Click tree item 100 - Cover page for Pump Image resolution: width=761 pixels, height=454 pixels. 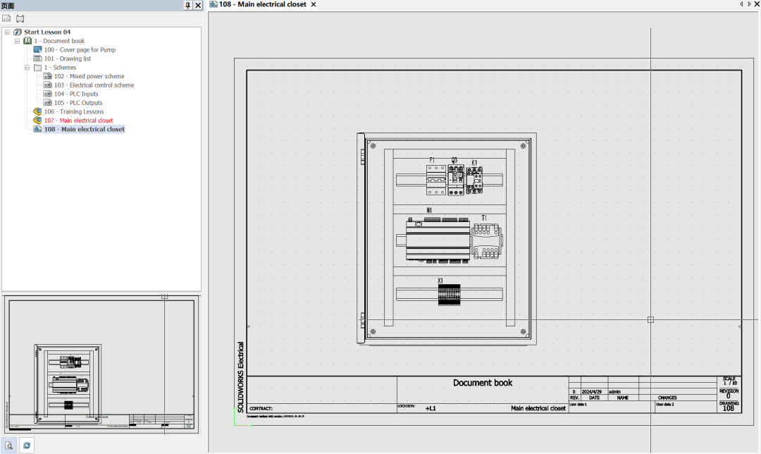click(80, 50)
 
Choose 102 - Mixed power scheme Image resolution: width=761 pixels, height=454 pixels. click(89, 76)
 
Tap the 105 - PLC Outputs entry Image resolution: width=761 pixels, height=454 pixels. click(78, 103)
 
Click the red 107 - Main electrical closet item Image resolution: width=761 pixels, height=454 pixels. click(78, 121)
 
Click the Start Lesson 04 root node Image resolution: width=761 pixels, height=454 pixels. click(47, 32)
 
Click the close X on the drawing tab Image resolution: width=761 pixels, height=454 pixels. click(314, 4)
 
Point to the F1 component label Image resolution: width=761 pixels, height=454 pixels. click(432, 161)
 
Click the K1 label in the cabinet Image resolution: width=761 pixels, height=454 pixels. click(474, 163)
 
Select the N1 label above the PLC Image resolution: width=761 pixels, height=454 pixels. click(429, 210)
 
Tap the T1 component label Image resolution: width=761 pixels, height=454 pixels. click(484, 219)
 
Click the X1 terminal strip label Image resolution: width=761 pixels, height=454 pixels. click(440, 281)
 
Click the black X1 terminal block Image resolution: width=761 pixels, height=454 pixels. click(449, 295)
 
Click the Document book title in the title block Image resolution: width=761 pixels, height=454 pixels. click(483, 383)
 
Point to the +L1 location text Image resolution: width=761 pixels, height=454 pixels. click(431, 408)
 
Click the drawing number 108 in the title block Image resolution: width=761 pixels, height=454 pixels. click(729, 408)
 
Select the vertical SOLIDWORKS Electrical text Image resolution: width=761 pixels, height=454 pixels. click(240, 376)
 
